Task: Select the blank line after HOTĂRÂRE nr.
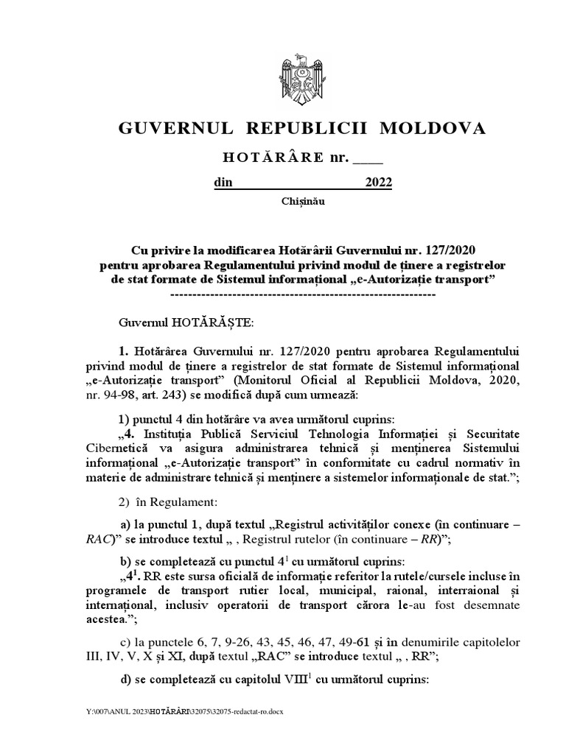click(x=368, y=158)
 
